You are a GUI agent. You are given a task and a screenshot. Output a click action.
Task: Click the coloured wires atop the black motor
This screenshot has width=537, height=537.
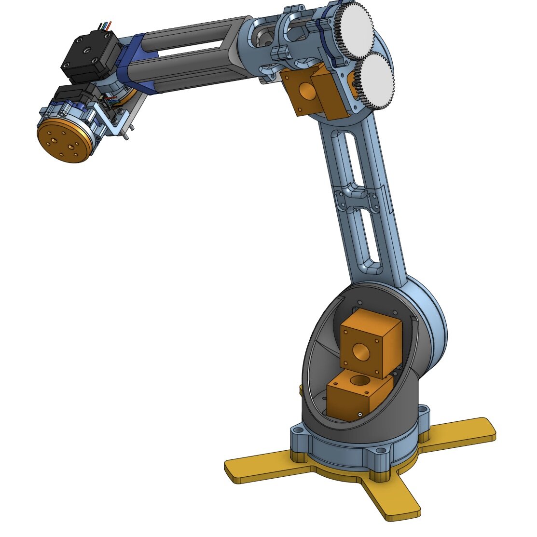pos(105,25)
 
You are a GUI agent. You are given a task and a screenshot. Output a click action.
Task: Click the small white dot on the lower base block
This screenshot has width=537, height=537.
pos(360,414)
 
